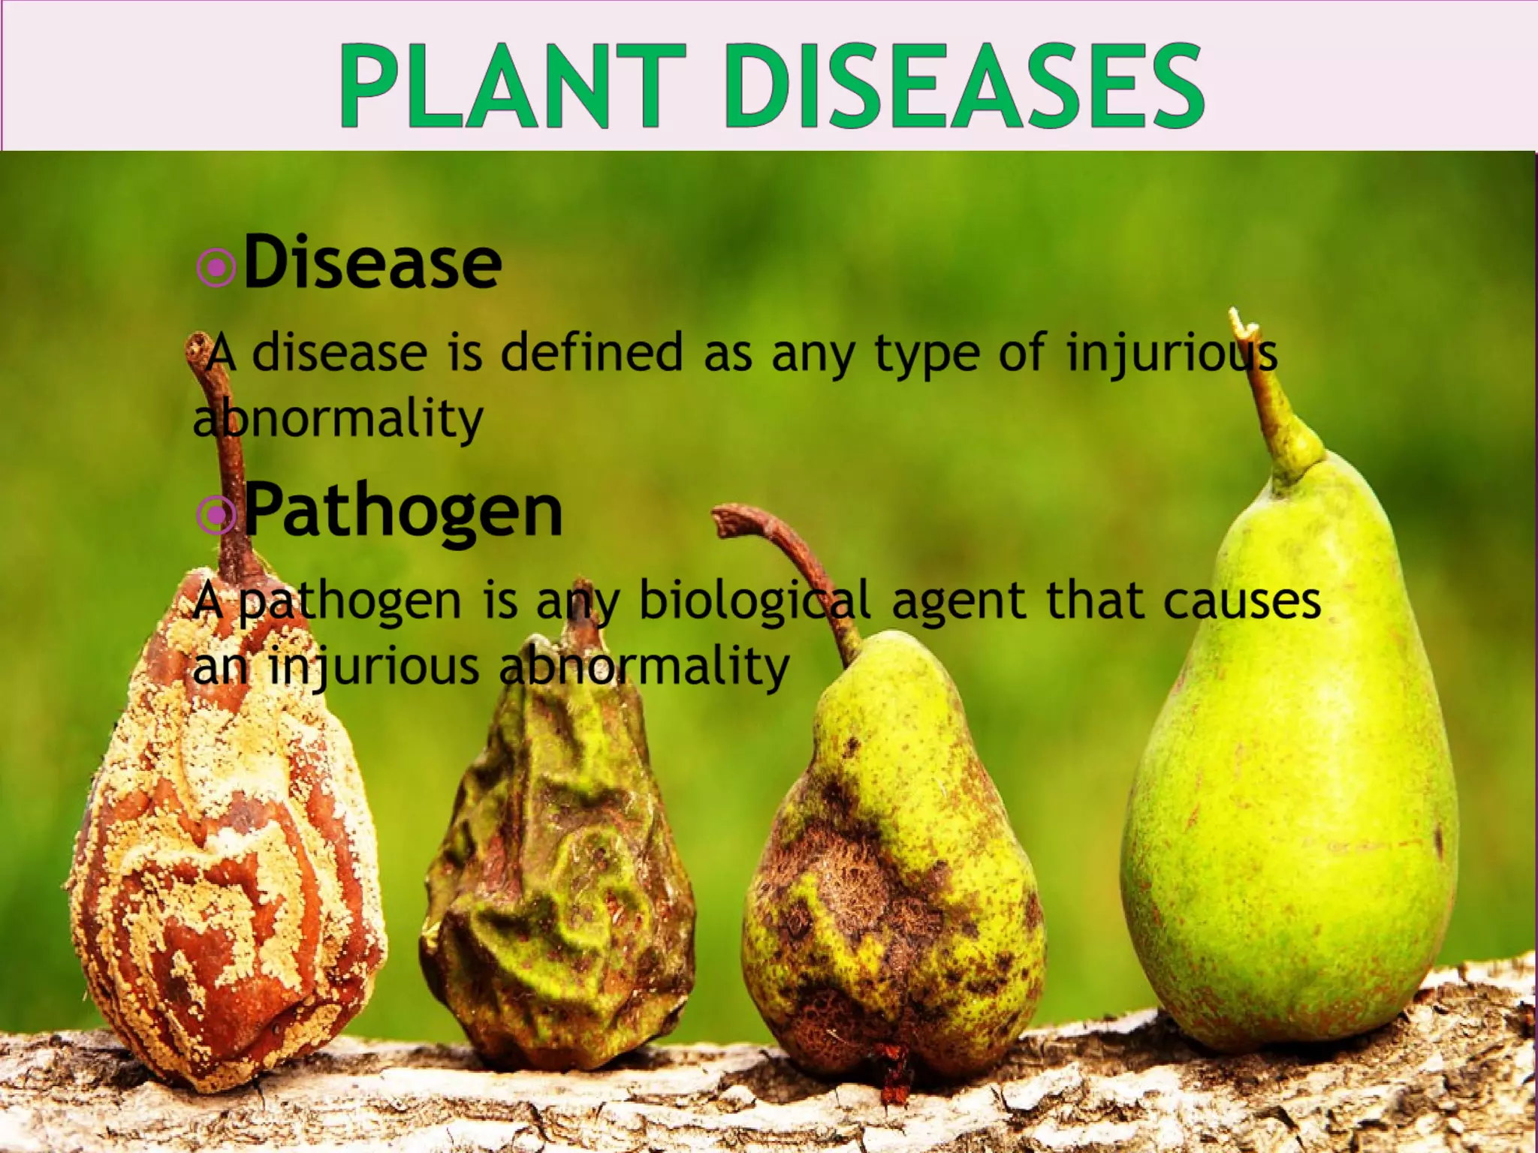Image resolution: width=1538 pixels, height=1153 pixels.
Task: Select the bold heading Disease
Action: [372, 262]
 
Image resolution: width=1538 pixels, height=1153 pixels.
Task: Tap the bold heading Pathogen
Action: [403, 510]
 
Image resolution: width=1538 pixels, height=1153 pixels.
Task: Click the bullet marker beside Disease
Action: [216, 266]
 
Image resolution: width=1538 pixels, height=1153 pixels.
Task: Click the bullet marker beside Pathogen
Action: [216, 514]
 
